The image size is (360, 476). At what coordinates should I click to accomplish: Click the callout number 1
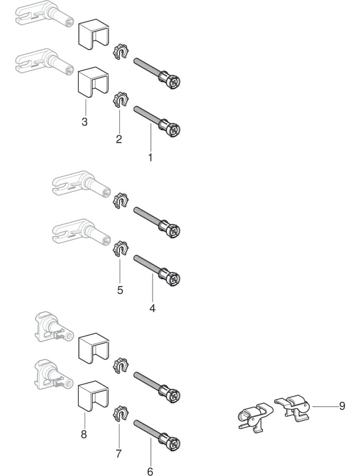click(x=150, y=158)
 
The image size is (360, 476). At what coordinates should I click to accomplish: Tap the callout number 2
click(x=119, y=139)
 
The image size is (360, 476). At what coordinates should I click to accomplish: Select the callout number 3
click(x=85, y=122)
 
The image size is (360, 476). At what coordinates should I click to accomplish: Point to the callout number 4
click(x=152, y=308)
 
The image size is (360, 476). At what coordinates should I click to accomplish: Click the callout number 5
click(x=120, y=290)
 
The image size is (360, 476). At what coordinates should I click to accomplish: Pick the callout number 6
click(x=150, y=471)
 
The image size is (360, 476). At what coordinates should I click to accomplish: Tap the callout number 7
click(x=119, y=453)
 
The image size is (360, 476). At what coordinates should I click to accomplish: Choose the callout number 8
click(x=84, y=435)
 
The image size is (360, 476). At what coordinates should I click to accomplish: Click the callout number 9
click(x=342, y=406)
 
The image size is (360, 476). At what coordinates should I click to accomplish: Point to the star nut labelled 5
click(x=121, y=249)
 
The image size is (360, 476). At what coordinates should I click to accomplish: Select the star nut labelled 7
click(x=121, y=412)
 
